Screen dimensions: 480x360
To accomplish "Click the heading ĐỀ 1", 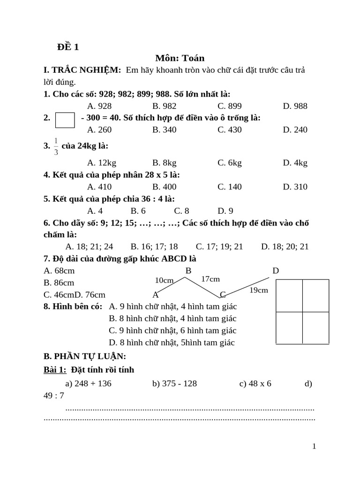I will tap(68, 46).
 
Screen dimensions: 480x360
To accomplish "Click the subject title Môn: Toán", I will tap(180, 58).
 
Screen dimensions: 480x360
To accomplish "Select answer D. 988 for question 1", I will tap(295, 106).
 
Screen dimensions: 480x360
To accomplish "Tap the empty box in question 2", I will tap(65, 120).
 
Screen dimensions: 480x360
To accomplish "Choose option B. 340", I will tap(164, 129).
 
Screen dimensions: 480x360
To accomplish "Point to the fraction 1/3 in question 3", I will tap(56, 146).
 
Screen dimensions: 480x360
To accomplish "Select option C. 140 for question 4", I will tap(229, 187).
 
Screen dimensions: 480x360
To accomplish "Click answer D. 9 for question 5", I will tap(225, 210).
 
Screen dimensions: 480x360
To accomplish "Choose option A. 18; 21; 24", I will tap(89, 246).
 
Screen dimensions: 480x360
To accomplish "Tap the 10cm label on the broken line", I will tap(164, 280).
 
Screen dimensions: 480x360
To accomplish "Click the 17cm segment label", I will tap(210, 279).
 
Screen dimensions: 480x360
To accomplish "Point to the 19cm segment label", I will tap(258, 290).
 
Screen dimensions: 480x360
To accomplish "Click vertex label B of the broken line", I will tap(188, 270).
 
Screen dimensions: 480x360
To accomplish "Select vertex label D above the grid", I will tap(276, 270).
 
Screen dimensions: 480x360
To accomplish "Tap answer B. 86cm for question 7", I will tap(59, 283).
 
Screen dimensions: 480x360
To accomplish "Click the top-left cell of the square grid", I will tap(289, 295).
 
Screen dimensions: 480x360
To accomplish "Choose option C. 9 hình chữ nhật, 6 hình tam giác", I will tap(172, 330).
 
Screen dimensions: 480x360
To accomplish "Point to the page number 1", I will tap(314, 446).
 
